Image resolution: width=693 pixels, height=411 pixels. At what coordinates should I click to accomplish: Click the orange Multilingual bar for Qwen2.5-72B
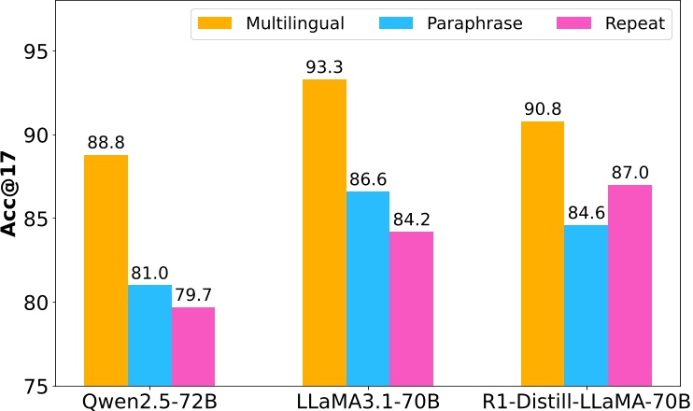106,270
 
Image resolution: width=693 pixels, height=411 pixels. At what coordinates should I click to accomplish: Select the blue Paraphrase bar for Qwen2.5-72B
149,335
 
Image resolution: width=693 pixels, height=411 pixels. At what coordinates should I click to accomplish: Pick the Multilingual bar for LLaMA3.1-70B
324,233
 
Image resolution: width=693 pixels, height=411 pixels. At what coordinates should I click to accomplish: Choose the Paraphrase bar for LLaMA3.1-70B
368,289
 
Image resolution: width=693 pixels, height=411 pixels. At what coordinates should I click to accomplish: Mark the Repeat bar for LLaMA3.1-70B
412,308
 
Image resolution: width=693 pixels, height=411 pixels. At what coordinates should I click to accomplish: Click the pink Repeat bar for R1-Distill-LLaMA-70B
629,285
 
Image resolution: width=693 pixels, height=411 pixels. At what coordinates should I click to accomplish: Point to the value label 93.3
324,67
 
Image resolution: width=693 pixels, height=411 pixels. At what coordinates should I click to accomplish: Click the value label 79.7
193,295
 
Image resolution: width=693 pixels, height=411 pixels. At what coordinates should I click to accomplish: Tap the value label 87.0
629,173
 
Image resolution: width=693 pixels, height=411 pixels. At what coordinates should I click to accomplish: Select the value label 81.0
149,273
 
